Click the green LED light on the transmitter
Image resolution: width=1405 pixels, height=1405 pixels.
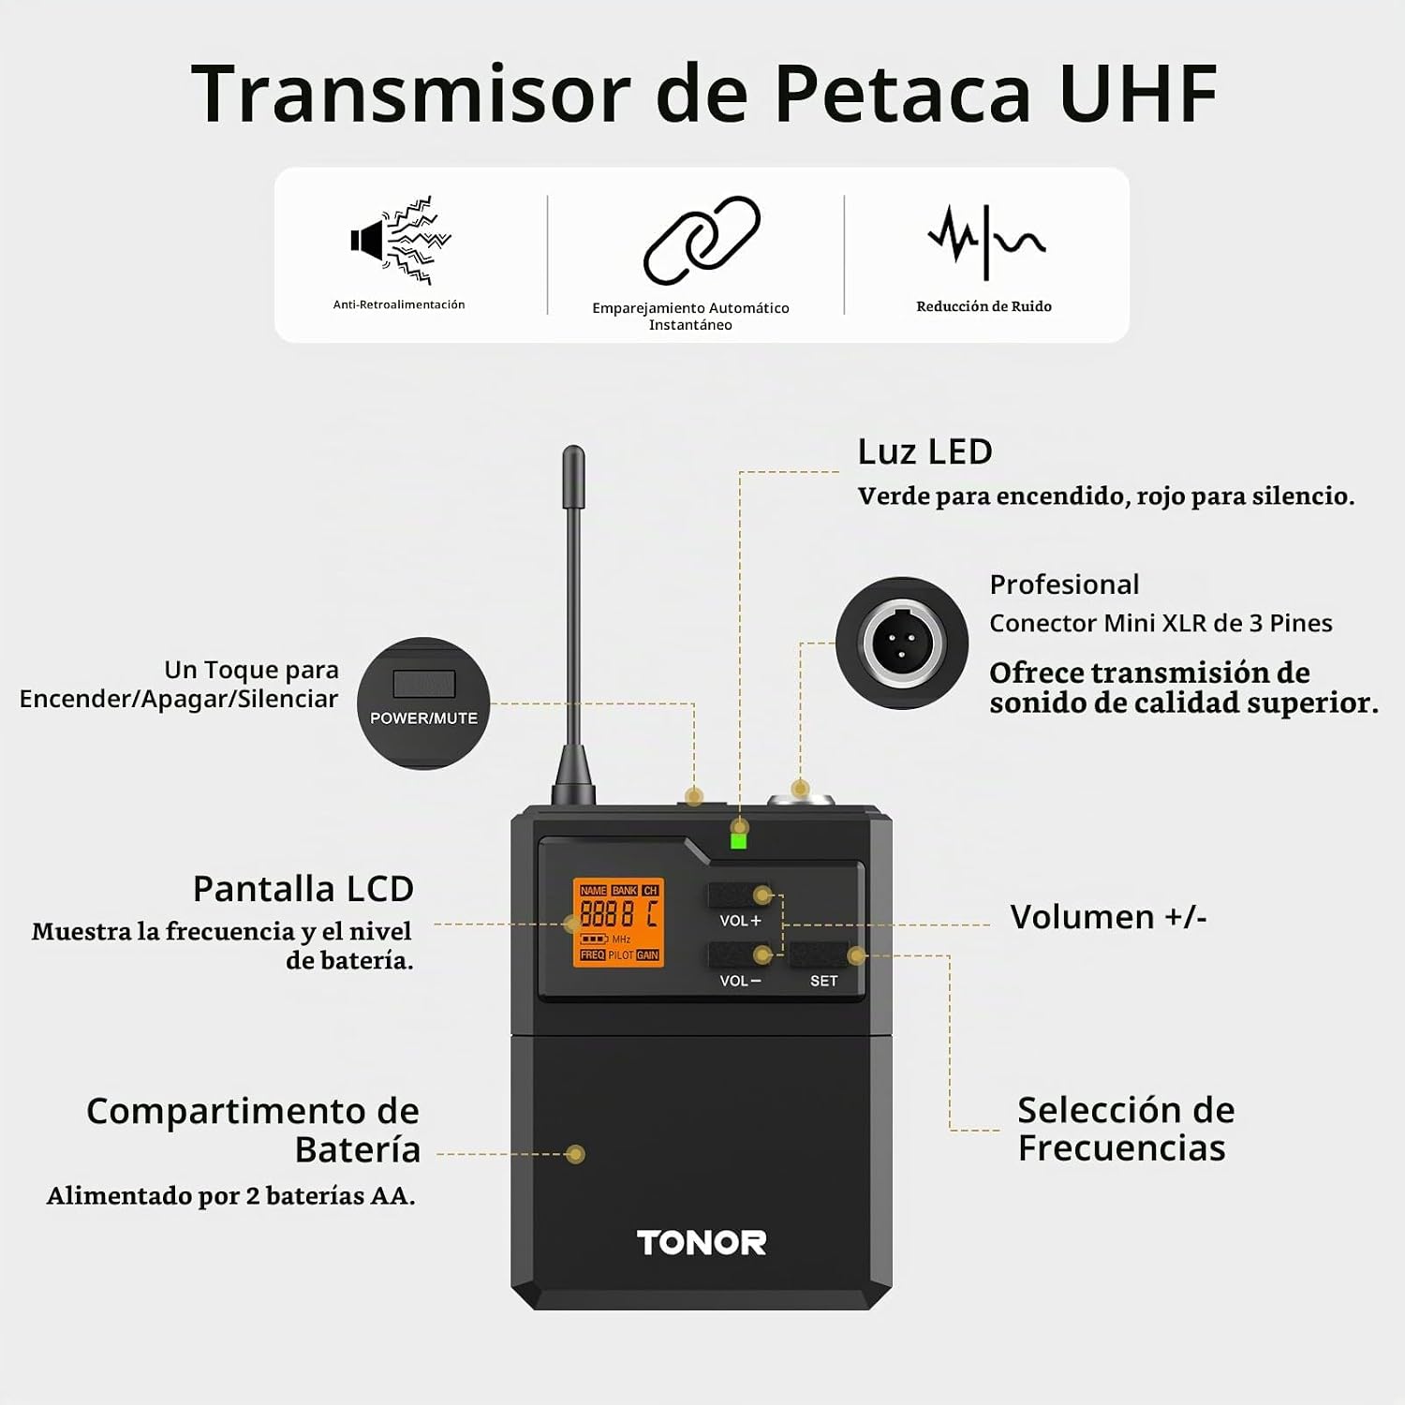point(738,840)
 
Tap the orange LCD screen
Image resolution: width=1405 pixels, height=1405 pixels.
point(618,923)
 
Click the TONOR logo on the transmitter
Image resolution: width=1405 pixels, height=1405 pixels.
point(702,1243)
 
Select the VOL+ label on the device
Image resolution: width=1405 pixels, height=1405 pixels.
point(740,921)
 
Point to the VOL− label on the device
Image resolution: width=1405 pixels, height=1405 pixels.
point(740,981)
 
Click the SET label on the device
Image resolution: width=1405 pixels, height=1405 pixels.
point(824,981)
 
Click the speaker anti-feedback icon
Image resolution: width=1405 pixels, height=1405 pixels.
point(401,240)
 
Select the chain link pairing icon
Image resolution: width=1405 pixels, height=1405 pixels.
point(702,240)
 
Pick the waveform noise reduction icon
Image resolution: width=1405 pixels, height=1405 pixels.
point(985,242)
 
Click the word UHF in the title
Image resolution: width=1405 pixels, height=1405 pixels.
point(1138,94)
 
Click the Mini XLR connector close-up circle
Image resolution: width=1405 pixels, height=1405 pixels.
point(902,643)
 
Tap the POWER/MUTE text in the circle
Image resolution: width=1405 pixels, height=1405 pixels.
point(423,718)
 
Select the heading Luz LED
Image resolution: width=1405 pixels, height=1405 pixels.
point(924,451)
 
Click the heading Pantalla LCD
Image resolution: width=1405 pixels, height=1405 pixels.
point(303,889)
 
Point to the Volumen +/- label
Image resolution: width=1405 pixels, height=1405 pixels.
point(1109,917)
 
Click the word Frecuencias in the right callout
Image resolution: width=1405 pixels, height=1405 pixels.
point(1122,1148)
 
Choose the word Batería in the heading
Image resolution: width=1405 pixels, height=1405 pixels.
point(358,1149)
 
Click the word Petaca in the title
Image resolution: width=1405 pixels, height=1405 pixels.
point(902,94)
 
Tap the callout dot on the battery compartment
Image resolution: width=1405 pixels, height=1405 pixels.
point(576,1154)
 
